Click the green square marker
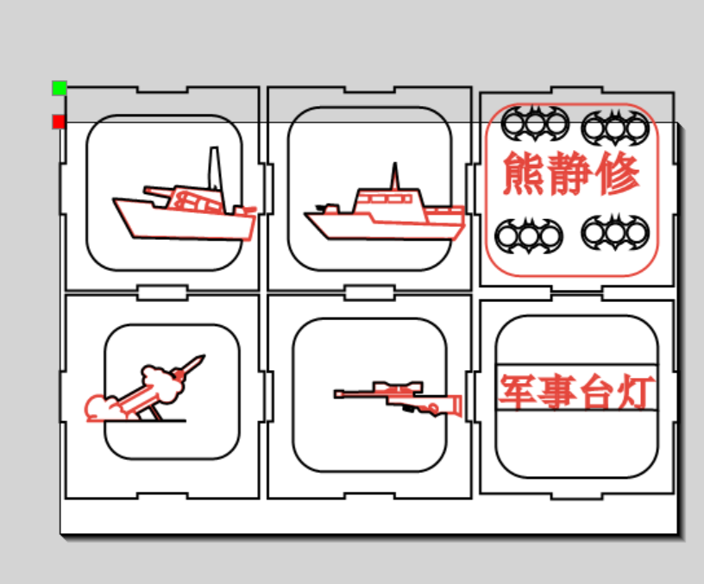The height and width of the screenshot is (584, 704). click(60, 88)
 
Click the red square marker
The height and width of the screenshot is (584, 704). click(59, 122)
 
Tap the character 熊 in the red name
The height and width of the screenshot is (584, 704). click(525, 173)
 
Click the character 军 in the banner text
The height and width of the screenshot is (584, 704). click(517, 392)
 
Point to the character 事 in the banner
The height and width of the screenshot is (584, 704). click(556, 392)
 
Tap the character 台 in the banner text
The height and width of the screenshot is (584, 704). click(595, 392)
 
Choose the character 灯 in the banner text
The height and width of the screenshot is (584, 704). click(634, 392)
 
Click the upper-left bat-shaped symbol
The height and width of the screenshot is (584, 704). click(534, 123)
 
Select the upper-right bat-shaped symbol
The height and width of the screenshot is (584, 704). click(615, 127)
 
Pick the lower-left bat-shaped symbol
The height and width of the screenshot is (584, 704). click(529, 235)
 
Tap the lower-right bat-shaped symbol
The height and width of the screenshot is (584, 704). click(615, 232)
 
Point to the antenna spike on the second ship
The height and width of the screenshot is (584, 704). click(394, 176)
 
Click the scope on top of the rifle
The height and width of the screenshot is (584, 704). click(399, 387)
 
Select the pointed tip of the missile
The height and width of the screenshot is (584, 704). click(204, 355)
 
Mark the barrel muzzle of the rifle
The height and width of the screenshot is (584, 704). click(336, 394)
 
